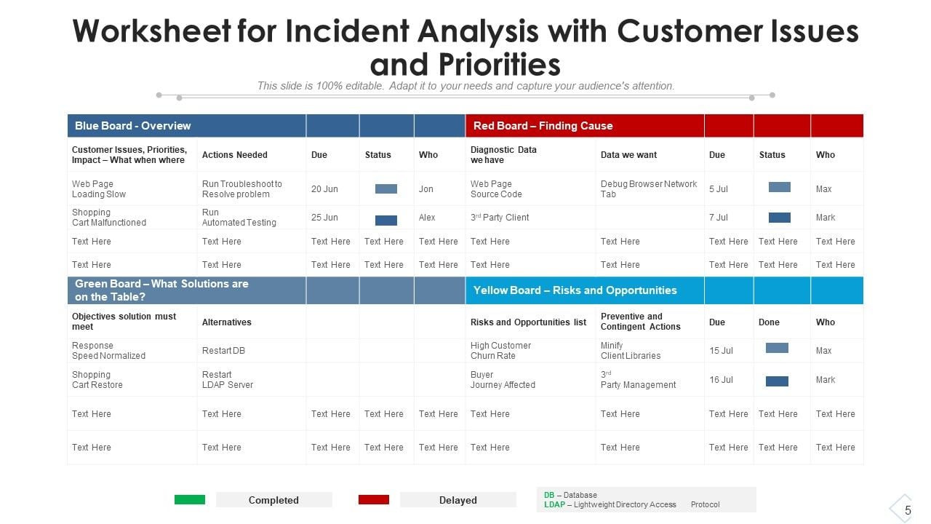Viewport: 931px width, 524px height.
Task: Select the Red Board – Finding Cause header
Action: click(x=543, y=126)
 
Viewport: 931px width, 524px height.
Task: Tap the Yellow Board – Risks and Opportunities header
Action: click(x=575, y=290)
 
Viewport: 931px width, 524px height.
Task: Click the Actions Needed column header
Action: click(x=234, y=155)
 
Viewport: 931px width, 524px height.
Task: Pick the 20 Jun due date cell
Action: click(x=324, y=189)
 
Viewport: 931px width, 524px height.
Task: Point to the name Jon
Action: click(x=426, y=189)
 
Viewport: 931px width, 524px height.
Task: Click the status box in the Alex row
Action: click(x=386, y=220)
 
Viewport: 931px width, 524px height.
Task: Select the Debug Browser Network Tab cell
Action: click(x=648, y=189)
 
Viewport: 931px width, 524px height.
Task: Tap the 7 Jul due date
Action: click(x=719, y=218)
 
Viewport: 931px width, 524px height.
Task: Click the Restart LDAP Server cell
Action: click(x=228, y=380)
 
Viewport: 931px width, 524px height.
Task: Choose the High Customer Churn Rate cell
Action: click(x=500, y=351)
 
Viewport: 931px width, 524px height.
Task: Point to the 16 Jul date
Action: click(x=722, y=380)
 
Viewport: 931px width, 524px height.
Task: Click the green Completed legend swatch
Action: click(x=190, y=500)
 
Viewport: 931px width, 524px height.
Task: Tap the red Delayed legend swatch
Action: click(x=374, y=500)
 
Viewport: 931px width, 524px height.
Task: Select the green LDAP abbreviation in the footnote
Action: click(x=554, y=504)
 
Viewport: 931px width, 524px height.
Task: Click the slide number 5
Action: click(x=908, y=510)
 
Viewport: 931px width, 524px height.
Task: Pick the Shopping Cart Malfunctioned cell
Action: click(x=108, y=218)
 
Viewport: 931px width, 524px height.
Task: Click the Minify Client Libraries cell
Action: click(x=630, y=351)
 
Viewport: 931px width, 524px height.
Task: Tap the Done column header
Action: click(x=769, y=322)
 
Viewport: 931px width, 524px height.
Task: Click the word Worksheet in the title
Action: click(x=151, y=32)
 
